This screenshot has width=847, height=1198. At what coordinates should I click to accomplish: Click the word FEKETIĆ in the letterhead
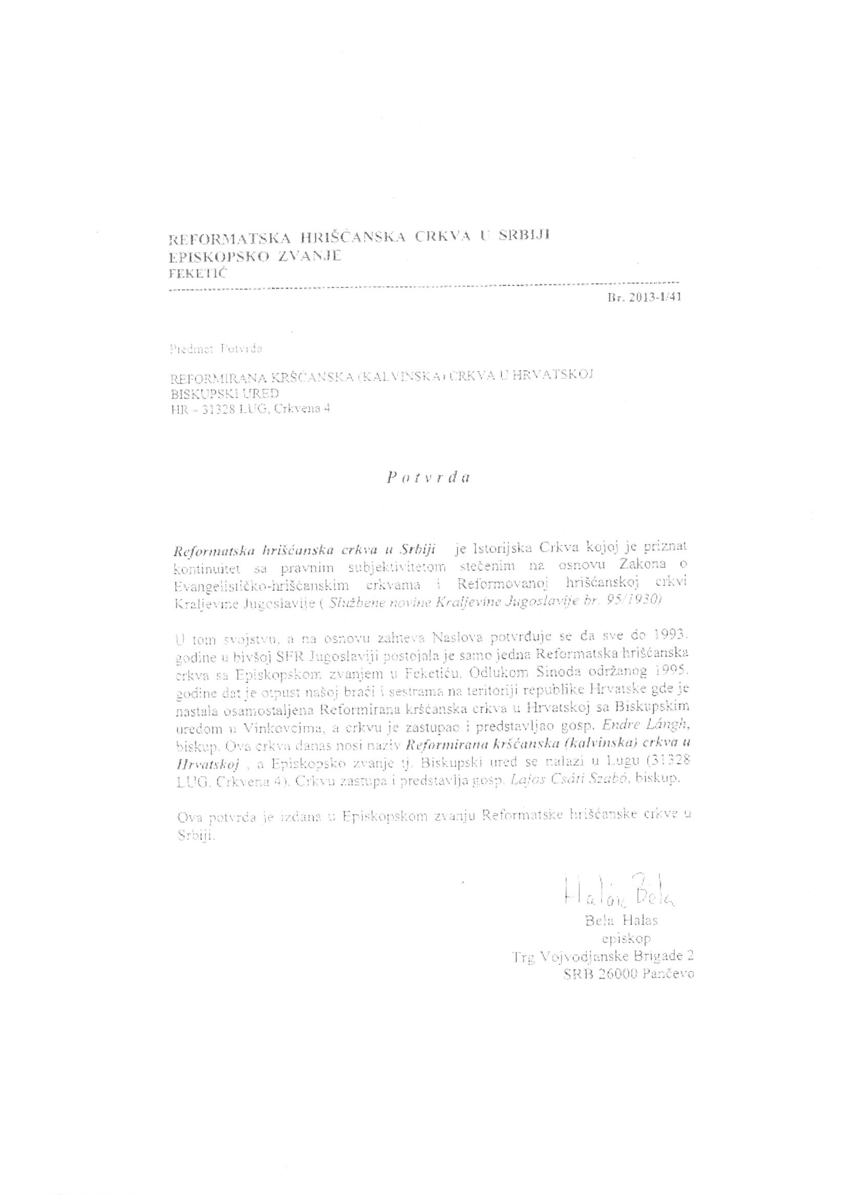(x=198, y=274)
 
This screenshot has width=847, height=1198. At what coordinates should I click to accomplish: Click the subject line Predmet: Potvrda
(x=216, y=348)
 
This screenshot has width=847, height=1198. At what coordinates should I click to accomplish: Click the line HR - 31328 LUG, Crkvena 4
(x=250, y=409)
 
